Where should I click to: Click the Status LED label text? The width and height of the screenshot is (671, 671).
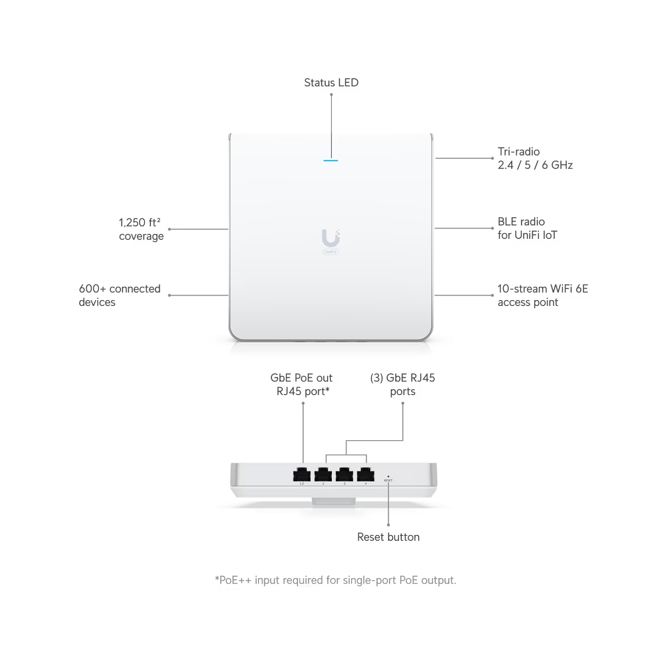[331, 83]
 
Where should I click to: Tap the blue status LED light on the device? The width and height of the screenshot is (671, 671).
[331, 160]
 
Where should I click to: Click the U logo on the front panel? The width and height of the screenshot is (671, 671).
[331, 238]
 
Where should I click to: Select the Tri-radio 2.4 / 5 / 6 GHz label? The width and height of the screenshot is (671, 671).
[535, 158]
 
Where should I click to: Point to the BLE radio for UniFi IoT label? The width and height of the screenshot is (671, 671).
[527, 228]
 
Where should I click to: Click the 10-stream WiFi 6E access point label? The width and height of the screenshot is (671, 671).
[543, 295]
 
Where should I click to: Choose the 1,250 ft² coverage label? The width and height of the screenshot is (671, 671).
[141, 229]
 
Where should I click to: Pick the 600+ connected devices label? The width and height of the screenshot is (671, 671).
[119, 295]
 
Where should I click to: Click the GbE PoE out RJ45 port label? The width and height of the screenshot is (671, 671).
[302, 385]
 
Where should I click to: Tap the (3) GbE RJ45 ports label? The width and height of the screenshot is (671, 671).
[403, 385]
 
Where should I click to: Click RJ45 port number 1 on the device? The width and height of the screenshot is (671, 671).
[302, 474]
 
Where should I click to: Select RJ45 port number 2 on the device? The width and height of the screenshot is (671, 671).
[323, 474]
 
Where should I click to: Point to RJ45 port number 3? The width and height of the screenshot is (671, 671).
[344, 474]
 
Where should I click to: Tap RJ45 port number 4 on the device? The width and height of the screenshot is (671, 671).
[365, 474]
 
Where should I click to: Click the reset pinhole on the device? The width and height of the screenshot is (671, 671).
[388, 476]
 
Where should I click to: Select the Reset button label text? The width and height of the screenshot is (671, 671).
[388, 537]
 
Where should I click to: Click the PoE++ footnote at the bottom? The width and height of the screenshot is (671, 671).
[335, 580]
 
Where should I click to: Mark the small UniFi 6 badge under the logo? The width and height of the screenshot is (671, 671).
[331, 252]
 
